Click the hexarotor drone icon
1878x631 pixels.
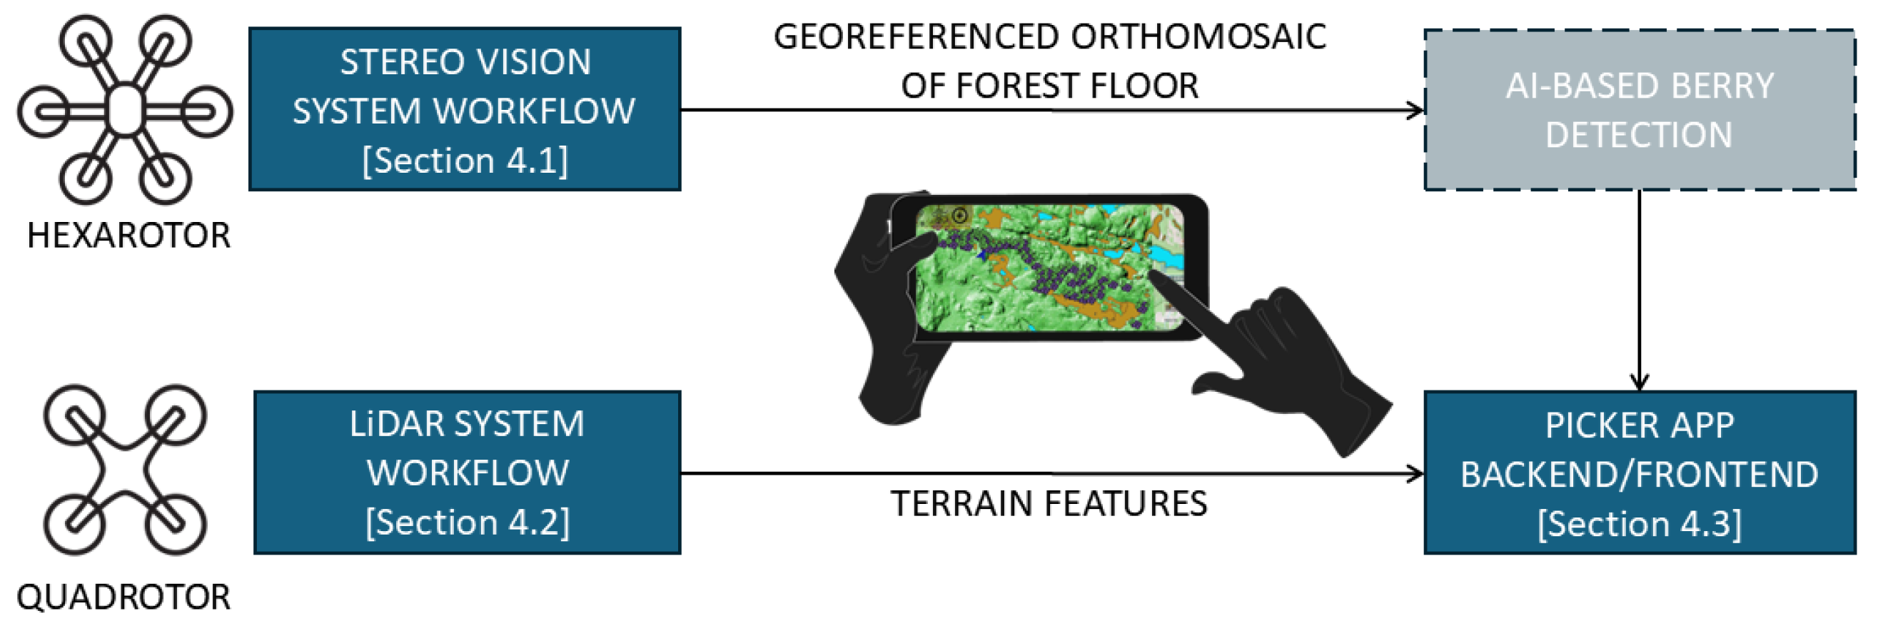coord(125,110)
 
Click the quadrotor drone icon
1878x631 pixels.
coord(125,470)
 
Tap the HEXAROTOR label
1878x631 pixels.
coord(128,236)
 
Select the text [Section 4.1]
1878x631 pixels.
coord(465,161)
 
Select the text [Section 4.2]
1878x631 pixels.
coord(468,523)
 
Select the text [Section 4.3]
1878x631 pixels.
coord(1639,524)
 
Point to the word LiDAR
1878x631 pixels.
coord(395,425)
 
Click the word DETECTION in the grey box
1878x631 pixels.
coord(1638,136)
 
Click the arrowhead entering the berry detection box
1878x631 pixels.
coord(1415,111)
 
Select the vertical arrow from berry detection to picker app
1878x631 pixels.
coord(1639,291)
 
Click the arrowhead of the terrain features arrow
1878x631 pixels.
coord(1415,474)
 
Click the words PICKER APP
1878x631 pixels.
coord(1639,426)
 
